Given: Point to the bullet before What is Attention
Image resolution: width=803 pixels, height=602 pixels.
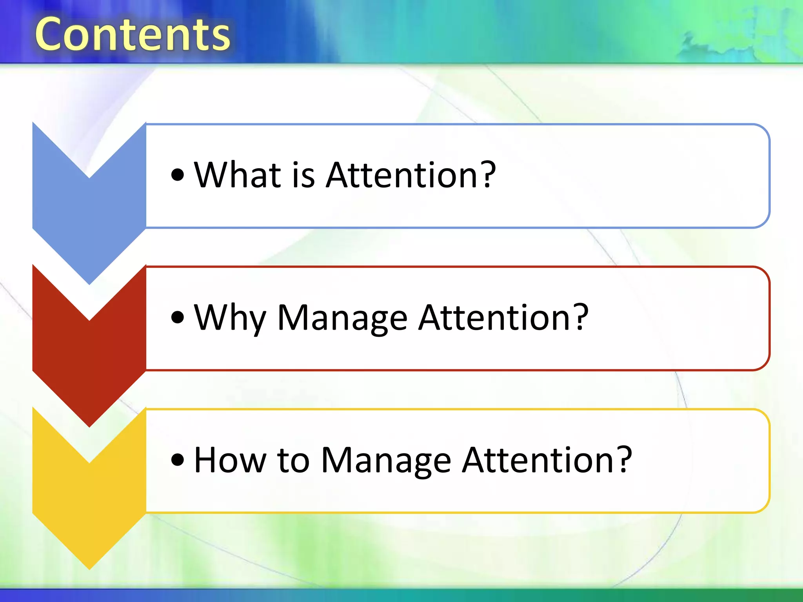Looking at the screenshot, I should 178,175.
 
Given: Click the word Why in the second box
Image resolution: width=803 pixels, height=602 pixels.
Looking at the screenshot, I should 230,318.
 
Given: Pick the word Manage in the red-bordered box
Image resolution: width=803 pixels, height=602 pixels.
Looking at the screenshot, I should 342,318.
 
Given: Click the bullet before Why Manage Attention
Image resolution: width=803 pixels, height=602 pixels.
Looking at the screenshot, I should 178,317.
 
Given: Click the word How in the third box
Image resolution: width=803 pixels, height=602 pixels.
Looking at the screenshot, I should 230,460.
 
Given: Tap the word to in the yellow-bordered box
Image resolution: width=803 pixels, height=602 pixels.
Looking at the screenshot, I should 293,461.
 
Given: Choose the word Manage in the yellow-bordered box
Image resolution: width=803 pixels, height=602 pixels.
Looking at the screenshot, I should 386,461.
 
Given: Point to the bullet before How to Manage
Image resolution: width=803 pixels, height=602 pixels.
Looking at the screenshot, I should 178,460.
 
